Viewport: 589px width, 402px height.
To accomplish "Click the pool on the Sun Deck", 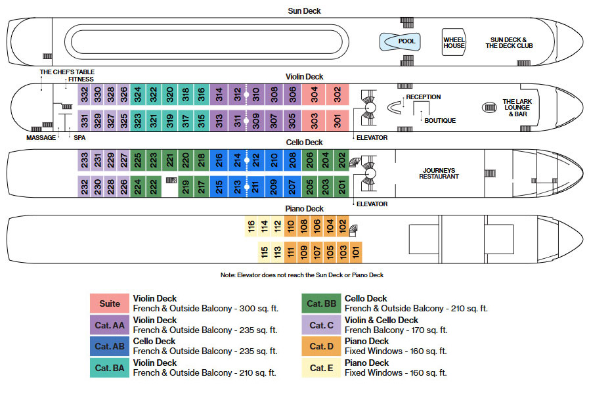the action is click(x=400, y=41).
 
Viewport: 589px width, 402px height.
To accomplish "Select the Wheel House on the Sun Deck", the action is click(x=454, y=43).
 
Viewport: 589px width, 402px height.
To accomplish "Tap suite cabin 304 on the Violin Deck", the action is click(x=314, y=95).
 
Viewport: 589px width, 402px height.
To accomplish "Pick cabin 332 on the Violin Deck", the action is click(x=84, y=95).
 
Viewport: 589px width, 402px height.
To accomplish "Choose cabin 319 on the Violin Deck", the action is click(x=170, y=121).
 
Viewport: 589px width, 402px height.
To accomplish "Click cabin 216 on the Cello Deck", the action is click(x=219, y=160).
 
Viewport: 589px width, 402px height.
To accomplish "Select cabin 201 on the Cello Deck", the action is click(x=341, y=187).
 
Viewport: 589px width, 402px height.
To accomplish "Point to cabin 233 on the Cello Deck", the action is click(x=84, y=160).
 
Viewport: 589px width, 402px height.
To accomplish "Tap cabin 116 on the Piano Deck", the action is click(x=251, y=226).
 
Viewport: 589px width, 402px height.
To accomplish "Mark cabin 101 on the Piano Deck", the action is click(x=355, y=252).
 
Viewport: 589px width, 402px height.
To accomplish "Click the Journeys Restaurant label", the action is click(x=439, y=173).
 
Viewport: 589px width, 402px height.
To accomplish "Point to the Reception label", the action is click(x=424, y=97).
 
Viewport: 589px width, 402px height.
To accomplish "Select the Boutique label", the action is click(x=440, y=121).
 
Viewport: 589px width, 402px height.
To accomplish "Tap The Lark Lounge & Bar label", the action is click(x=517, y=108).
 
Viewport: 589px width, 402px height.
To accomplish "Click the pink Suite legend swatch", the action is click(x=110, y=303).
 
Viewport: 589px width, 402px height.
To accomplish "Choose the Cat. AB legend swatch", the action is click(x=110, y=346).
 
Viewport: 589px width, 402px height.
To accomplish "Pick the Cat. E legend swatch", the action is click(x=321, y=368).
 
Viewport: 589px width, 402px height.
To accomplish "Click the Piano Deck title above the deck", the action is click(x=304, y=208).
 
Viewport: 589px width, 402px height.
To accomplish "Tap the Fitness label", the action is click(x=81, y=79).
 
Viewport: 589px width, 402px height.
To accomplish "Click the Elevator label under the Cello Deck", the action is click(x=372, y=204).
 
